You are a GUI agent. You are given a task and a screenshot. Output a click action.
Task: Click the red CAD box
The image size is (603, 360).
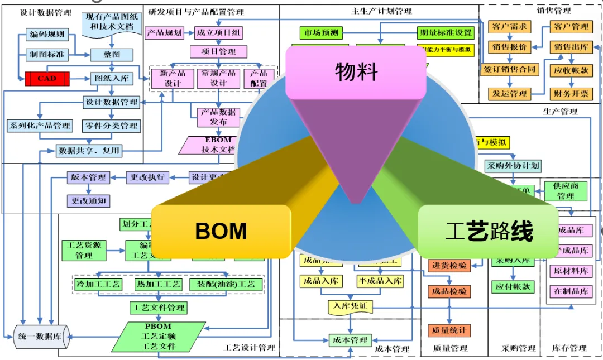coord(47,79)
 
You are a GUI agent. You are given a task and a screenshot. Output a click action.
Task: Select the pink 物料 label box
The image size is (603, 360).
coord(356,72)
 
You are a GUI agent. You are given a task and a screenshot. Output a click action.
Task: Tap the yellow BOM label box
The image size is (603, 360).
coord(221,231)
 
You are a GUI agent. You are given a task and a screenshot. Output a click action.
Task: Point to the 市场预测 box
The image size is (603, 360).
coord(319,33)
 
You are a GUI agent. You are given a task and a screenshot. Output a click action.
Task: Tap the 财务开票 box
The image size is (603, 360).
coord(571,93)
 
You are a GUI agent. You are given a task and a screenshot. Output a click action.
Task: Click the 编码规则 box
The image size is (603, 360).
coord(47,35)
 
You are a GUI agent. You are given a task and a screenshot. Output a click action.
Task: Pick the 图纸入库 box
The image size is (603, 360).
coord(112,79)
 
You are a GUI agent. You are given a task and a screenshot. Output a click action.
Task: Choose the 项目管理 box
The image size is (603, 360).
coord(220,52)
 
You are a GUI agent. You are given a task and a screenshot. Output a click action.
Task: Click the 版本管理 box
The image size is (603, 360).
coord(88,177)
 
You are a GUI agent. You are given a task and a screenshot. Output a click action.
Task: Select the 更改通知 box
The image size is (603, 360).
coord(88,199)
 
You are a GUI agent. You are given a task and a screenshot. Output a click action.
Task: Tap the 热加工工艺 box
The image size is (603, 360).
coord(159,284)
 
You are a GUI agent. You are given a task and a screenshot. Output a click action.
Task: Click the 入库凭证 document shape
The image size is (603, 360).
coord(350,305)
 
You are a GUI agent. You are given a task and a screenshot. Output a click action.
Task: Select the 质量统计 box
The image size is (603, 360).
coord(449,330)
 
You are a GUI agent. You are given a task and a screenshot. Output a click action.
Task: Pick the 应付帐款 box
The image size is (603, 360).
coord(513,286)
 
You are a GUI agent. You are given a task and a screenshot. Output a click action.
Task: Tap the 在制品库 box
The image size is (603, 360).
coord(571,291)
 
